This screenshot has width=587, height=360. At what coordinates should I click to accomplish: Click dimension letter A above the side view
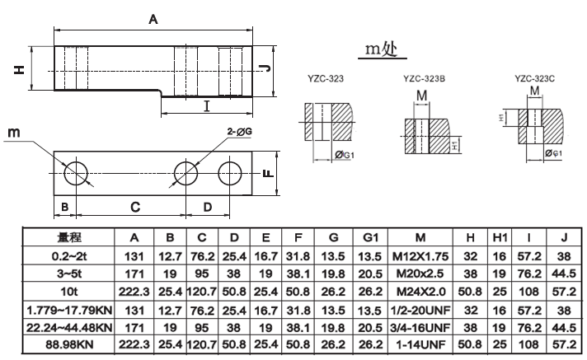click(153, 19)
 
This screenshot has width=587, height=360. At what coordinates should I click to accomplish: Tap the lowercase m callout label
click(13, 133)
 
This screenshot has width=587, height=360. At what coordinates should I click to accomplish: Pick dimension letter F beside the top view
click(266, 174)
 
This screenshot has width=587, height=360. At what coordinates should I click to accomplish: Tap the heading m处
click(383, 49)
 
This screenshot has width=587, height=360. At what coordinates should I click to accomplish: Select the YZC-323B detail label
click(425, 80)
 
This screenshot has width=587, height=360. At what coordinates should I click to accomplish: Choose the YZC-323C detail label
click(535, 80)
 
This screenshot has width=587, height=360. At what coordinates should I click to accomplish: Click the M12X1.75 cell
click(422, 255)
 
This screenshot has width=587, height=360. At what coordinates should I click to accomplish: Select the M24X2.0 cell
click(422, 291)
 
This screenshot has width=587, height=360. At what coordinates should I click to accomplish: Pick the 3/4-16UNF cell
click(422, 326)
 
